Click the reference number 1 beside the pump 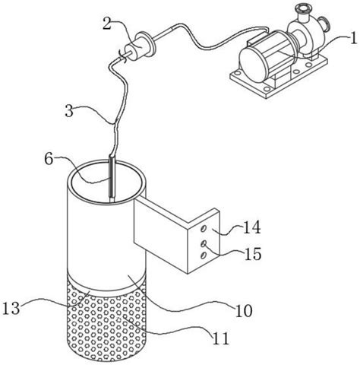[x=352, y=39]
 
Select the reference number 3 [x=69, y=111]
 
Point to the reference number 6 [x=49, y=159]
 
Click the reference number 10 [x=244, y=310]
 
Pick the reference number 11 [x=221, y=338]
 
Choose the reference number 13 [x=11, y=308]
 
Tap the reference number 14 [x=252, y=227]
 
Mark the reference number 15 [x=252, y=254]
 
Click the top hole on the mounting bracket [x=203, y=229]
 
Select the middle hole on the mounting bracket [x=204, y=243]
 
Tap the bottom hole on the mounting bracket [x=203, y=255]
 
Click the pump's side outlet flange [x=324, y=24]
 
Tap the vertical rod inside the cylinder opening [x=112, y=178]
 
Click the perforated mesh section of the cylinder [x=106, y=325]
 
